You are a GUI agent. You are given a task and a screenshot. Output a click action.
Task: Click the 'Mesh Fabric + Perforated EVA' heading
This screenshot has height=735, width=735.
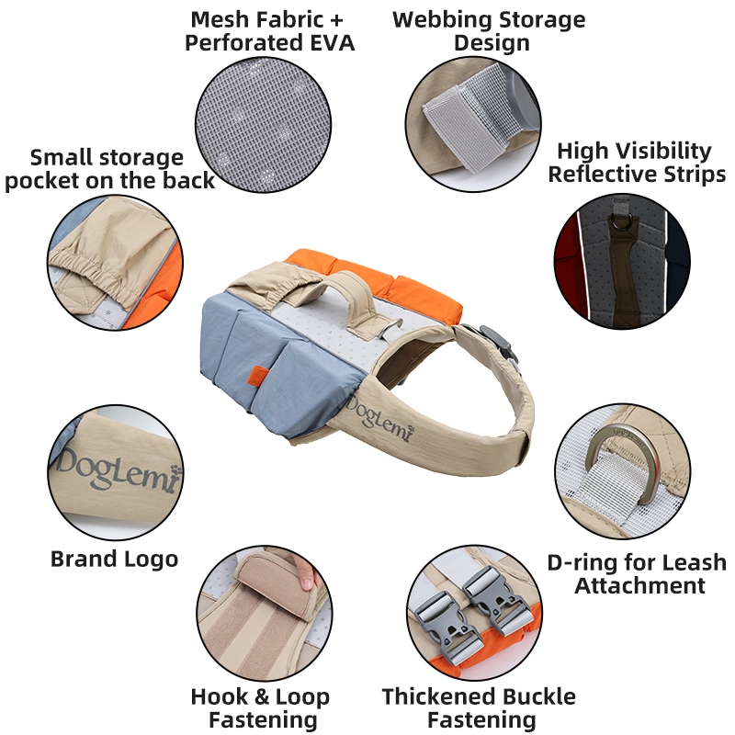click(x=269, y=31)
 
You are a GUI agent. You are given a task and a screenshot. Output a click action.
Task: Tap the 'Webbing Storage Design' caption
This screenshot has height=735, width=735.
click(x=490, y=31)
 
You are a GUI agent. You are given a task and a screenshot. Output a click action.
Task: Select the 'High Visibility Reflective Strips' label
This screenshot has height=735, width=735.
click(x=637, y=163)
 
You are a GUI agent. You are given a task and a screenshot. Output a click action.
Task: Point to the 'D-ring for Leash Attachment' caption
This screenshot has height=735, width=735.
click(x=637, y=573)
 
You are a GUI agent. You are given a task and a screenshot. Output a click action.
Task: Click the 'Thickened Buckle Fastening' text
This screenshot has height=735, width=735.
click(x=479, y=707)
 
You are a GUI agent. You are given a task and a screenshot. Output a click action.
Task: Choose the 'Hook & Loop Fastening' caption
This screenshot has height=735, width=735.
click(x=261, y=707)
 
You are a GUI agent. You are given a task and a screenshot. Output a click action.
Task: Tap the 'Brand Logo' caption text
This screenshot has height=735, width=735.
click(x=114, y=559)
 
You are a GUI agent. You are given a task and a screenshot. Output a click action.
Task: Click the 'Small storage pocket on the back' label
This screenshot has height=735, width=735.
click(x=109, y=169)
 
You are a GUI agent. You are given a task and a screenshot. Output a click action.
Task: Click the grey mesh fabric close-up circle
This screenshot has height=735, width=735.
click(x=263, y=125)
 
